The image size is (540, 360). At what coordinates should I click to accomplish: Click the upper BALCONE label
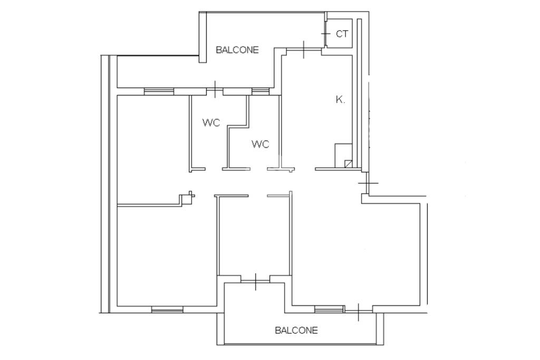tap(237, 50)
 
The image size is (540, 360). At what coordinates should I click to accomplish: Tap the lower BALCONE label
tap(296, 330)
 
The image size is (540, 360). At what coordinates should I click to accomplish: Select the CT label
tap(342, 34)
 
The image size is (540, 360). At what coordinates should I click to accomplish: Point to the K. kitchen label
tap(340, 100)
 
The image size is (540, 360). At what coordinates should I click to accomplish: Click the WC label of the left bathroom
tap(211, 122)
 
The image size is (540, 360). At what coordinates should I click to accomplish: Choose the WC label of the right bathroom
tap(261, 144)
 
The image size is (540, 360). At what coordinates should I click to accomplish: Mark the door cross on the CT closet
tap(325, 34)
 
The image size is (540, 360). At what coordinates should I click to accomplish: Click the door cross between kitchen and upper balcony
tap(304, 50)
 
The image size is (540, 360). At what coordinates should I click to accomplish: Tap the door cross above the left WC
tap(215, 90)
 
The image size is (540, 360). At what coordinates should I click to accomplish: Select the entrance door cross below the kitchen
tap(368, 183)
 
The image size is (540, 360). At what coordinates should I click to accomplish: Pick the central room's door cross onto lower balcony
tap(256, 282)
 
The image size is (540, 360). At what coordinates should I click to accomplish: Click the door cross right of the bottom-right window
tap(359, 312)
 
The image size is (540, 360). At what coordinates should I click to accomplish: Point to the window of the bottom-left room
tap(167, 310)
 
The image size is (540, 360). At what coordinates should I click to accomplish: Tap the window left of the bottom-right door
tap(330, 309)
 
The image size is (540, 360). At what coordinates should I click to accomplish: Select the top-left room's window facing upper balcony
tap(159, 91)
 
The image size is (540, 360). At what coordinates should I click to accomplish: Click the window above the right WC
tap(260, 91)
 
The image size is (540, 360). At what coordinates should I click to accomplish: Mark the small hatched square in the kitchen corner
tap(349, 164)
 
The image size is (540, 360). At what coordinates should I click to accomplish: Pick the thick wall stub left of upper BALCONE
tap(202, 37)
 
